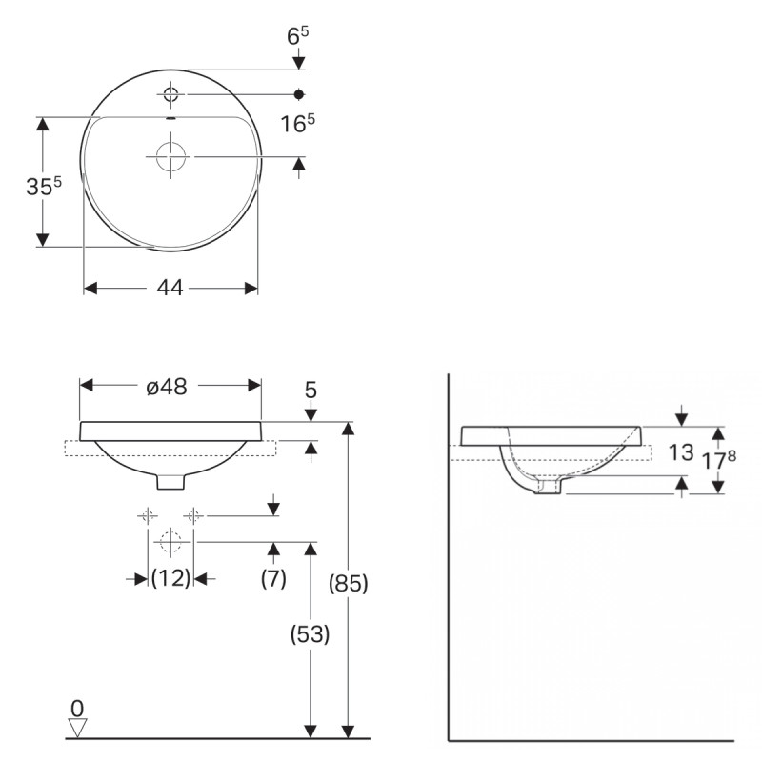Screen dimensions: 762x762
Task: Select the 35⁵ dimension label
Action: (x=44, y=187)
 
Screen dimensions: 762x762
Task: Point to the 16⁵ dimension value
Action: (x=298, y=123)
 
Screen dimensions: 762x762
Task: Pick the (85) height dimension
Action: (x=349, y=582)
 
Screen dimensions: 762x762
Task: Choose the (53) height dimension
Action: (x=310, y=634)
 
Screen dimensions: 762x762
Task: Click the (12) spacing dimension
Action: (x=170, y=577)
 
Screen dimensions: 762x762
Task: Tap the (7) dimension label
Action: (x=273, y=577)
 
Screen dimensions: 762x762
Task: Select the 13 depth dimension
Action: (x=680, y=452)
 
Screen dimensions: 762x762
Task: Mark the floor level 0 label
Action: (x=77, y=708)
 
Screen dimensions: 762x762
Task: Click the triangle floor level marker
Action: (x=77, y=728)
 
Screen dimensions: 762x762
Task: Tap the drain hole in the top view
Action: (x=170, y=155)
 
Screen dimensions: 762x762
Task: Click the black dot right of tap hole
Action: (x=299, y=93)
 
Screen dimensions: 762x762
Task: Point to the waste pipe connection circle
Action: (x=170, y=543)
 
